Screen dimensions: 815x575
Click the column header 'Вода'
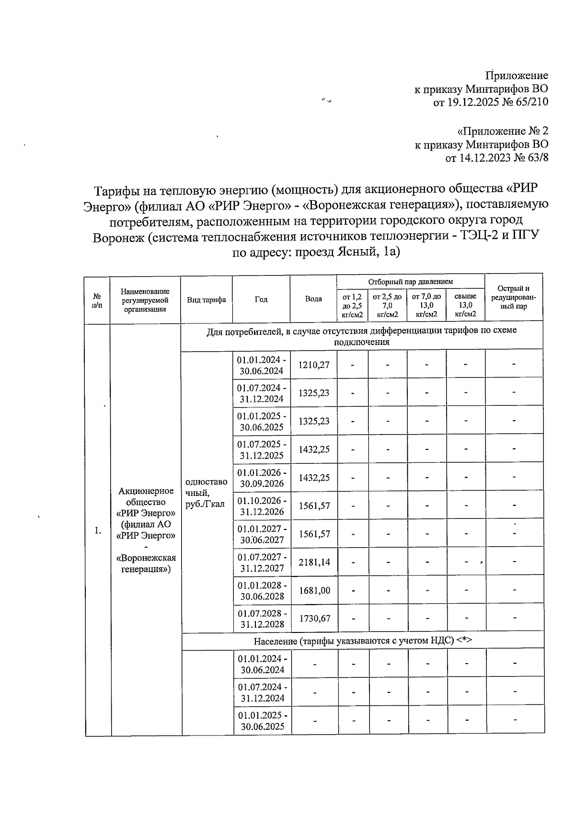[x=313, y=299]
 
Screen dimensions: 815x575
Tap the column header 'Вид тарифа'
[x=207, y=300]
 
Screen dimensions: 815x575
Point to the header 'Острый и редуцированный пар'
[x=513, y=298]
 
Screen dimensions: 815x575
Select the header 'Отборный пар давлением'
[x=410, y=282]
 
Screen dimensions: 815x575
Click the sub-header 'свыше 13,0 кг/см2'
[x=465, y=305]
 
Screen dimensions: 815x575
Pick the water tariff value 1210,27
[x=314, y=365]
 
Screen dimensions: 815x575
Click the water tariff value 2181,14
[x=314, y=562]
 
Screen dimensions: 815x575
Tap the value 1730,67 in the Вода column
[x=314, y=619]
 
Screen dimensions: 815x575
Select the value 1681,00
[x=314, y=591]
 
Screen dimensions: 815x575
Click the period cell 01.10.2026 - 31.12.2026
[x=262, y=506]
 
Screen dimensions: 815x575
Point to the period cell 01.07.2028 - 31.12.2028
[x=262, y=619]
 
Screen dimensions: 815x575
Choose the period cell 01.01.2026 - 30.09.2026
[x=262, y=478]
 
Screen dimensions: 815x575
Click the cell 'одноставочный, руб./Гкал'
[x=206, y=493]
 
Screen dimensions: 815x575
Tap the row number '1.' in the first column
[x=98, y=530]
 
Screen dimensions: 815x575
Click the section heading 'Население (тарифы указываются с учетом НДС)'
[x=363, y=641]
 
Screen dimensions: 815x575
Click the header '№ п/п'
[x=97, y=300]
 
